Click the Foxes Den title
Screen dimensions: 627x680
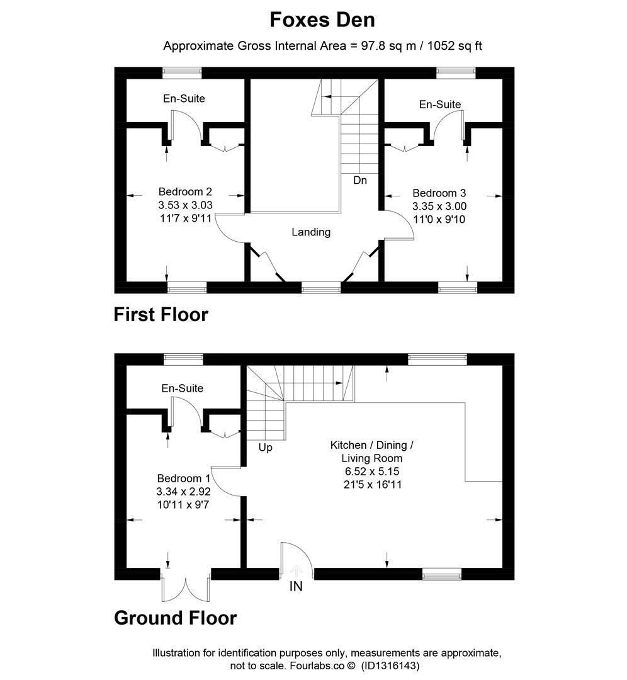pyautogui.click(x=322, y=20)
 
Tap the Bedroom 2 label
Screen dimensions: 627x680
pyautogui.click(x=185, y=191)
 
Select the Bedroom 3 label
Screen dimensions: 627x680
pyautogui.click(x=439, y=193)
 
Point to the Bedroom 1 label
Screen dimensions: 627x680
pyautogui.click(x=183, y=479)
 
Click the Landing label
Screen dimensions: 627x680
pyautogui.click(x=311, y=232)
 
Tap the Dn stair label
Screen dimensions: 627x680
pyautogui.click(x=360, y=181)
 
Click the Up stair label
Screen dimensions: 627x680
pyautogui.click(x=266, y=448)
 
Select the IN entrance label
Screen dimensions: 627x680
pyautogui.click(x=296, y=587)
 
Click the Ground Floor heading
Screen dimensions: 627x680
pyautogui.click(x=175, y=618)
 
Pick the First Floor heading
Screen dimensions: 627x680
pyautogui.click(x=161, y=314)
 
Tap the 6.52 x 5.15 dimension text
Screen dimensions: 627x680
pyautogui.click(x=372, y=472)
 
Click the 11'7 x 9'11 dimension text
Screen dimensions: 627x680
pyautogui.click(x=186, y=218)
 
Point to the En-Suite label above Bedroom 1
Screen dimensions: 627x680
pyautogui.click(x=182, y=388)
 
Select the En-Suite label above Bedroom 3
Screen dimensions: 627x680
pyautogui.click(x=439, y=104)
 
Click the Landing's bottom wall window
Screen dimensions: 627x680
pyautogui.click(x=321, y=287)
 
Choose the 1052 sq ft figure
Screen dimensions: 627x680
pyautogui.click(x=455, y=46)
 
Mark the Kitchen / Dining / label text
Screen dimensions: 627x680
pyautogui.click(x=371, y=445)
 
